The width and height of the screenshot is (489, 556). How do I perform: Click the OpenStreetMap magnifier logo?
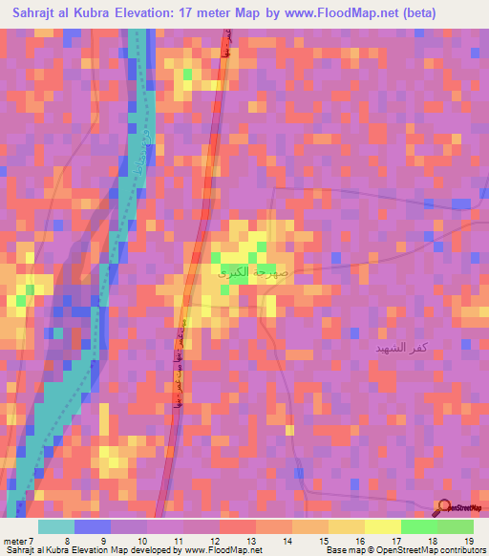click(x=443, y=508)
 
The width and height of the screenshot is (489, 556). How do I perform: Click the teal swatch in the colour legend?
click(x=56, y=525)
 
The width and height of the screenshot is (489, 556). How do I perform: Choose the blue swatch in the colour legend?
click(x=93, y=525)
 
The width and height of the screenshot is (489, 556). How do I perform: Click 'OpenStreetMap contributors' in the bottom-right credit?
click(x=433, y=549)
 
